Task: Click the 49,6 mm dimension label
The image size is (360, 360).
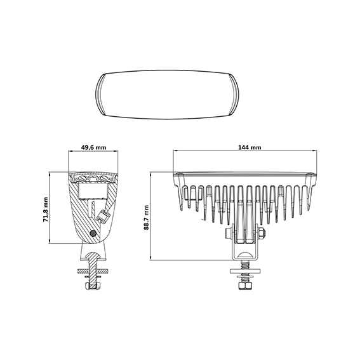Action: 94,147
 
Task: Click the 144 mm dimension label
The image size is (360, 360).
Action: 250,147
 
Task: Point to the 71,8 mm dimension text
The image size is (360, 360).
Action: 46,209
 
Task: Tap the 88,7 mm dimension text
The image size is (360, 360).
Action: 146,217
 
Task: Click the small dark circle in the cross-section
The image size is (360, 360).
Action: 93,234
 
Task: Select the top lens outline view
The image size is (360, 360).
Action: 167,95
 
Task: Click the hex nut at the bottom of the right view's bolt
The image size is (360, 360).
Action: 246,286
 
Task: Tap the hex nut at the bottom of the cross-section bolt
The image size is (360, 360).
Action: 93,286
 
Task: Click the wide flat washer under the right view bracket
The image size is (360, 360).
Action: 246,271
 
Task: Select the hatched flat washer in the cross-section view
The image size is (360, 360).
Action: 93,271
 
